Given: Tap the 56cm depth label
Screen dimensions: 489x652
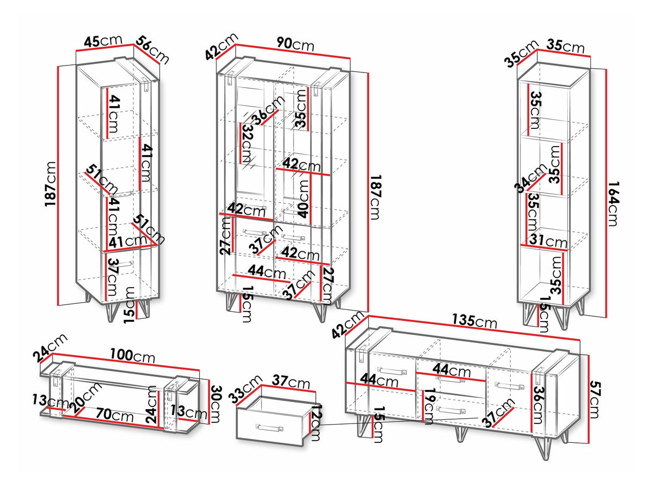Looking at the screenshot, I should click(x=153, y=49).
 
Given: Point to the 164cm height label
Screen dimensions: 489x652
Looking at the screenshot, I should click(x=615, y=198).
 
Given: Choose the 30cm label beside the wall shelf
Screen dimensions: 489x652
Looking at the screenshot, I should click(x=215, y=404).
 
